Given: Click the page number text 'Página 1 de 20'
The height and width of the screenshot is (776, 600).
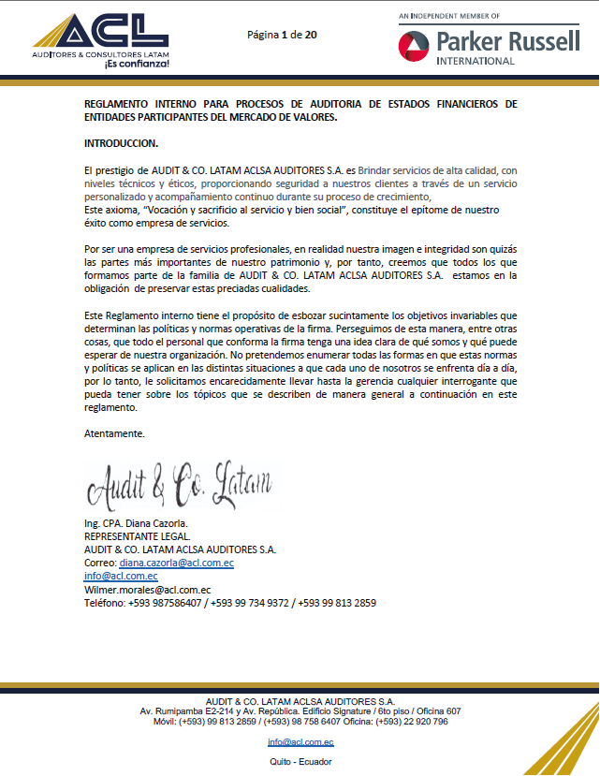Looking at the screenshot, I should [x=282, y=35].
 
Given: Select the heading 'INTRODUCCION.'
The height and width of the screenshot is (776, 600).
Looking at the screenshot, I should [x=122, y=143].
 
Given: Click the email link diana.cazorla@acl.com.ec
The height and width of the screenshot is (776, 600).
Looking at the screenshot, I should [x=176, y=564].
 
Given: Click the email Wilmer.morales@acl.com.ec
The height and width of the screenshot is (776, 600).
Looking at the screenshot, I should [x=147, y=590].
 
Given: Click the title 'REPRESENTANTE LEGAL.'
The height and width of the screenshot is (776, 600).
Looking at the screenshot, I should [x=137, y=536].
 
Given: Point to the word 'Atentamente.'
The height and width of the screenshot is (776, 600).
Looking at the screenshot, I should [x=114, y=433].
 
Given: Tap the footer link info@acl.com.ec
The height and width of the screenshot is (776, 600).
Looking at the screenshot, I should [x=300, y=742].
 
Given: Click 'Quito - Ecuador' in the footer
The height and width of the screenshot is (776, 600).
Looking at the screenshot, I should [x=300, y=762].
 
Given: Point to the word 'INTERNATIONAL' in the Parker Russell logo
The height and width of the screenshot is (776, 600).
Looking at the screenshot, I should [x=476, y=62].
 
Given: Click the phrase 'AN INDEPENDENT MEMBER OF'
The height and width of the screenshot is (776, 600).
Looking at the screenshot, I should [x=449, y=16].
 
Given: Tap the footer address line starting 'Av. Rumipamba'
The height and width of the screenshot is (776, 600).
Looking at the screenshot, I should [x=300, y=711].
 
